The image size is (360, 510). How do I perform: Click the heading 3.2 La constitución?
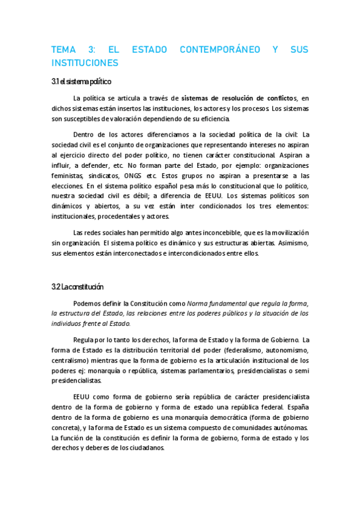[x=78, y=286]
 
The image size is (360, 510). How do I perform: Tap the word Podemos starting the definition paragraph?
[x=87, y=303]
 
